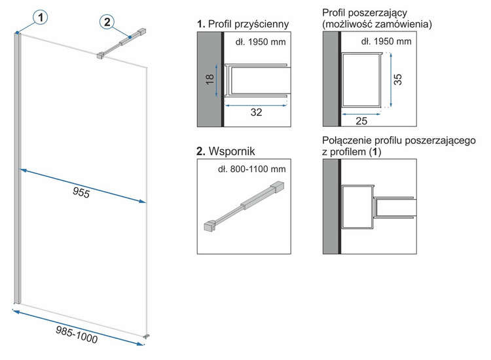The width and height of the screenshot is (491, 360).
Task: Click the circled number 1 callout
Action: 40,19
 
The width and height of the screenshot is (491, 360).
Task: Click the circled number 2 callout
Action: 107,22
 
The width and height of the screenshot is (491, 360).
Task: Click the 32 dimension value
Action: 256,112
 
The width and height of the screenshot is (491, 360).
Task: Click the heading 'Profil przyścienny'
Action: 247,24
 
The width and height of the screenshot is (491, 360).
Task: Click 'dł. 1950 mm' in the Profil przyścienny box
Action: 261,43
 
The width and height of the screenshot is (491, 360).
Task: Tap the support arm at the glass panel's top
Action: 121,43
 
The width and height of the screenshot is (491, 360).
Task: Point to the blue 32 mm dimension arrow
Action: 256,102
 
